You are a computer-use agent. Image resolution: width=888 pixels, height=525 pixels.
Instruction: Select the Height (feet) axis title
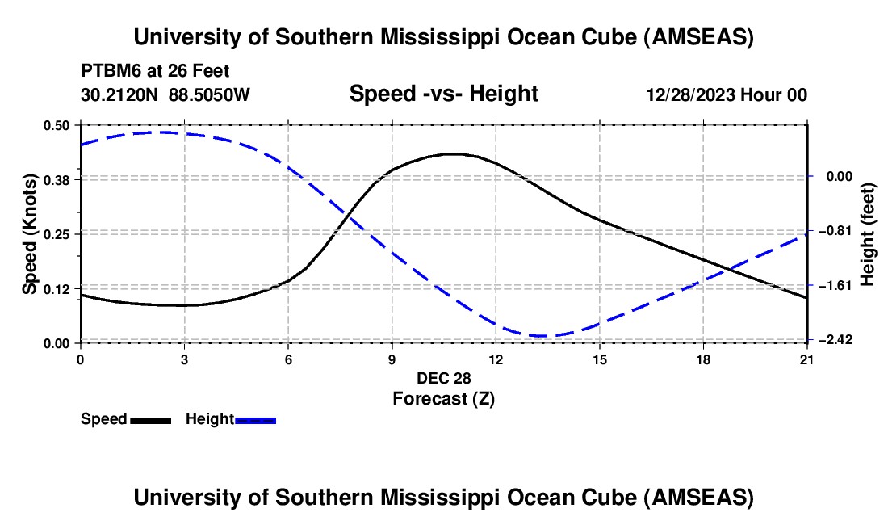tap(869, 233)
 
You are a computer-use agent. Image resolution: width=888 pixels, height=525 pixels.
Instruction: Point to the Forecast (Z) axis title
tap(443, 398)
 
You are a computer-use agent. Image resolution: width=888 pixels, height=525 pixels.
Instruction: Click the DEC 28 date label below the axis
tap(443, 378)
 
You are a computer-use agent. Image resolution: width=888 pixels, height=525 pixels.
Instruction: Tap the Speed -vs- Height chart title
tap(443, 94)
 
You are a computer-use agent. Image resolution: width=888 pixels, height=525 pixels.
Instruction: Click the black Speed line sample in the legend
tap(150, 419)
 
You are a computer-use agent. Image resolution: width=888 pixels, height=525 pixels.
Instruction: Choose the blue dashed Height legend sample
tap(255, 419)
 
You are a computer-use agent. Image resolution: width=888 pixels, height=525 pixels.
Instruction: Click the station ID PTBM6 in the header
tap(107, 70)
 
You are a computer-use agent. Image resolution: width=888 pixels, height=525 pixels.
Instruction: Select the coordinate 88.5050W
tap(209, 94)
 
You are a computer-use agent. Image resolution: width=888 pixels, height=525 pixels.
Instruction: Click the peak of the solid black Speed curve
tap(455, 153)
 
